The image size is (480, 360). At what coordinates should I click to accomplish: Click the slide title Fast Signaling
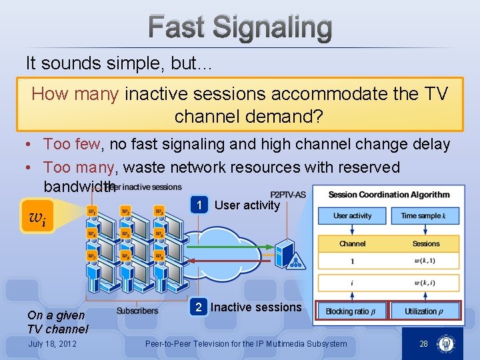point(240,28)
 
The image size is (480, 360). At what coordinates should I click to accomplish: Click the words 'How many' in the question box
point(75,94)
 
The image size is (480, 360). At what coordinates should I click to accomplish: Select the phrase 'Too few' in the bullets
point(72,144)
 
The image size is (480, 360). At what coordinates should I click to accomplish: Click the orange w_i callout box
point(39,216)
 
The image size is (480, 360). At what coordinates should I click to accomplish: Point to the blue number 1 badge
point(199,205)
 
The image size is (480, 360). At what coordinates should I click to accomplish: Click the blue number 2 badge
point(198,307)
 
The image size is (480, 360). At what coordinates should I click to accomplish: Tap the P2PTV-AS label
point(288,195)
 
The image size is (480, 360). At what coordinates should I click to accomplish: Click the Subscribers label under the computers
point(137,311)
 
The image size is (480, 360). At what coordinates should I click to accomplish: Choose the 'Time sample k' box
point(425,216)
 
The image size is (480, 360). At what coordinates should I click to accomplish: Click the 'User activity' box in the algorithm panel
point(352,216)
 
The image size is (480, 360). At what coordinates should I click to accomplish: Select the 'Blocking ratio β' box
point(352,311)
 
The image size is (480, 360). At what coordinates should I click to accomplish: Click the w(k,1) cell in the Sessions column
point(425,261)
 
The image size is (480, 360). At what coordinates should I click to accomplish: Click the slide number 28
point(423,344)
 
